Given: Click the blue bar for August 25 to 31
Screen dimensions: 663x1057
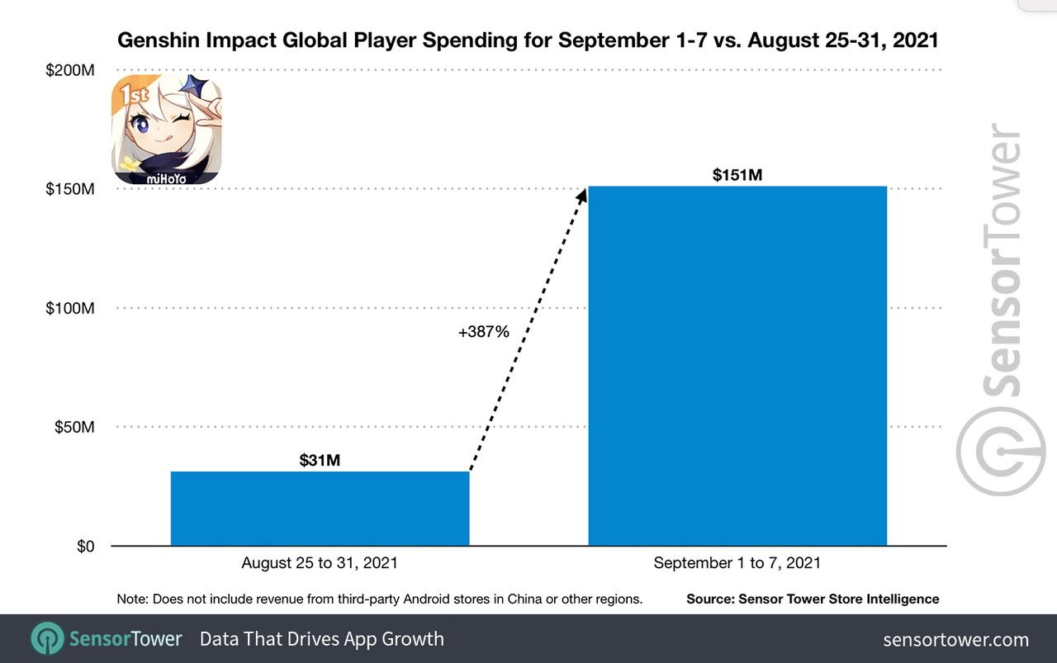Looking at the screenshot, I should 320,508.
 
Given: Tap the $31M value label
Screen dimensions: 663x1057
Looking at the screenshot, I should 320,460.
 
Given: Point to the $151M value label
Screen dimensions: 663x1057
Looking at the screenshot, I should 737,175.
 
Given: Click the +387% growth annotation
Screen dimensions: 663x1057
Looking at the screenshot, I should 484,332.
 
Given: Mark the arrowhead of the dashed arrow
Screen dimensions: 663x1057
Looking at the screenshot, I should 582,194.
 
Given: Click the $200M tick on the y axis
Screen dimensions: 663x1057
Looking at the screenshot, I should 70,71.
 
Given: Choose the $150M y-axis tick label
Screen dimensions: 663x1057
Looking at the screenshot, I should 70,189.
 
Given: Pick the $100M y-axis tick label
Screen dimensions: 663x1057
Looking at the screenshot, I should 70,308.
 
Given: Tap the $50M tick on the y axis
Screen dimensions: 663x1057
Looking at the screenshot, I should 73,427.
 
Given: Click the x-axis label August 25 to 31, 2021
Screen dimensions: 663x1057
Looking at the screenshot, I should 320,563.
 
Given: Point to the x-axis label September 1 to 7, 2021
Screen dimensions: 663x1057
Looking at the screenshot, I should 737,563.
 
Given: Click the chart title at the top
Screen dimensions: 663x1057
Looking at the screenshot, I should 528,40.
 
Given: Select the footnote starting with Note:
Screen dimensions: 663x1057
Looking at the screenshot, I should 380,599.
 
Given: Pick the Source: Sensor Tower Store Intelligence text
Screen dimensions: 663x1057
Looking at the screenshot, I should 813,599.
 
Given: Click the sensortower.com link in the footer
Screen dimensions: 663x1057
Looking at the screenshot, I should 956,639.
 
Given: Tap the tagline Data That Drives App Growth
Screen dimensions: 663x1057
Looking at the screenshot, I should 322,639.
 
